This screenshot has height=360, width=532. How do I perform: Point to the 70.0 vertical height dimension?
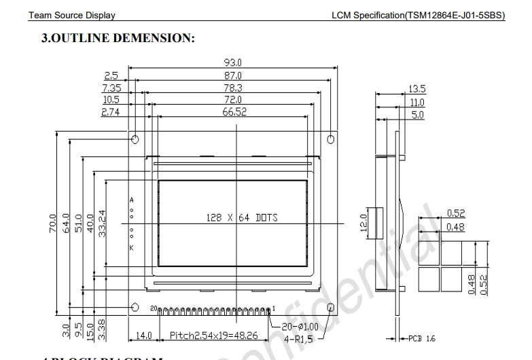point(53,224)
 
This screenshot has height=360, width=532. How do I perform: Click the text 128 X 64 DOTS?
point(242,218)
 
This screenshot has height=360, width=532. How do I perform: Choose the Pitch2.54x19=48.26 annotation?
point(213,336)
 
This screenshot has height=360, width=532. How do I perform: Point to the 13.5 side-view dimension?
point(416,89)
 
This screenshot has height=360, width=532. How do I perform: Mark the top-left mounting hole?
point(135,140)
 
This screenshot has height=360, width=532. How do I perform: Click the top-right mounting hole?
point(332,139)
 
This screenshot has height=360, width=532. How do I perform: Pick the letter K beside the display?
point(131,248)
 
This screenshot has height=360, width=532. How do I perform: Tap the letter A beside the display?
point(131,200)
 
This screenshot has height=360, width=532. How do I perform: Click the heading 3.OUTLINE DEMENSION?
point(118,39)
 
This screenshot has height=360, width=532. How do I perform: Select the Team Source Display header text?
point(71,15)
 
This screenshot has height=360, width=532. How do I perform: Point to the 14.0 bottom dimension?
point(144,336)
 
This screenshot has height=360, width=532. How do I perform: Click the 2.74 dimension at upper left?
point(110,112)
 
